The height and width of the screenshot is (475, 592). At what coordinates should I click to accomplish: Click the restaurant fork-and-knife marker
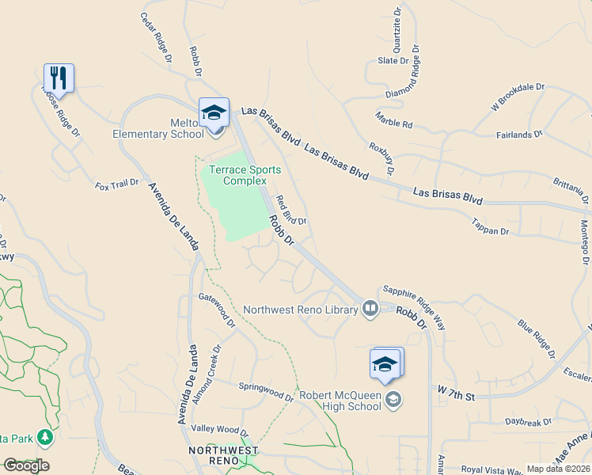point(59,78)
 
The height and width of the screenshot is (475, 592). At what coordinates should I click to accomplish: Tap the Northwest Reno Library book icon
point(370,308)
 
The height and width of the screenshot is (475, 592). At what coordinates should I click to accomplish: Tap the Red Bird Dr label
point(290,210)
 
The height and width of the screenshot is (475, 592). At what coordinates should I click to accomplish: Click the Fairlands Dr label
point(519,135)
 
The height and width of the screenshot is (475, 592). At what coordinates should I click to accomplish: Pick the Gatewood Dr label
point(218,310)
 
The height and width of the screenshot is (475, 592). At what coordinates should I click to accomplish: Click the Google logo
point(26,465)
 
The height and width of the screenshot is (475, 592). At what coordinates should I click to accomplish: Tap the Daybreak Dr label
point(528,422)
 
